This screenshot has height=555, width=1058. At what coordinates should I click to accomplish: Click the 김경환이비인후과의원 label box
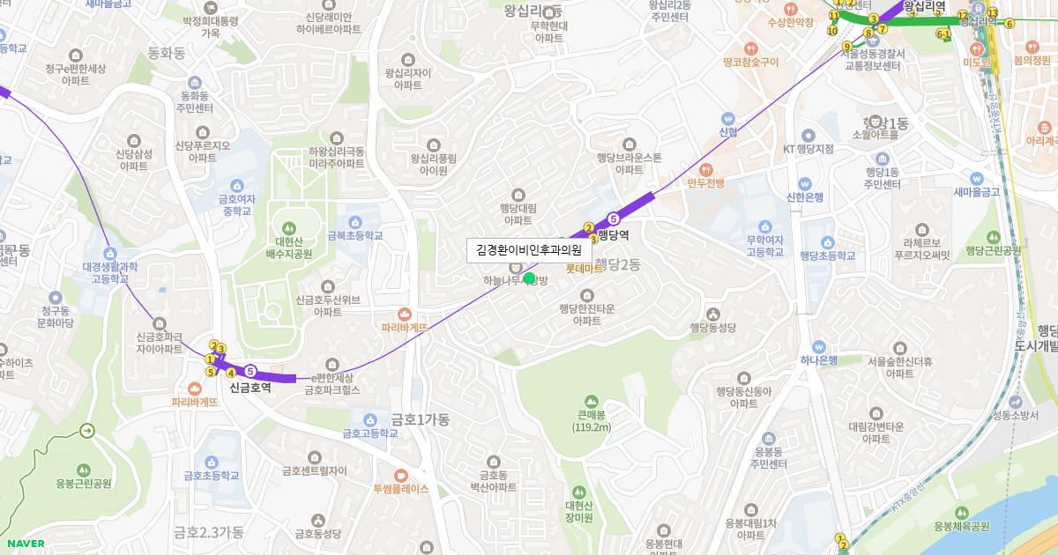click(529, 250)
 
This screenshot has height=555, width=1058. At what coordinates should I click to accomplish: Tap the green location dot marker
click(529, 278)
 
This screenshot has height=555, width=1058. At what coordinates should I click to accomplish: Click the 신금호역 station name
click(250, 387)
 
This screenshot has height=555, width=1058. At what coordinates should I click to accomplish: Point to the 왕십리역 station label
click(923, 4)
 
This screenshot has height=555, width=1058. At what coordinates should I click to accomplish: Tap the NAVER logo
click(24, 544)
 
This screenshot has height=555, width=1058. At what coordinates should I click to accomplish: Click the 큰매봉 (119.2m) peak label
click(591, 421)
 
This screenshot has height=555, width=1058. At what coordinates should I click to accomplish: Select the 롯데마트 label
click(585, 269)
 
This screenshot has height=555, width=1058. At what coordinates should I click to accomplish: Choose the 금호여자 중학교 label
click(236, 205)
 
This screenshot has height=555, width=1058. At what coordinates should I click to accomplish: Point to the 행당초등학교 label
click(827, 255)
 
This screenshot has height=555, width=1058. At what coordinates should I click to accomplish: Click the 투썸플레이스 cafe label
click(400, 488)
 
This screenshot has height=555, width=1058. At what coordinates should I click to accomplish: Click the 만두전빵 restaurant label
click(705, 182)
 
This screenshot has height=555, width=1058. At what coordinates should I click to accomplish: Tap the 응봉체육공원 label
click(962, 526)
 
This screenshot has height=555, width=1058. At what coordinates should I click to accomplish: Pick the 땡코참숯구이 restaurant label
click(749, 62)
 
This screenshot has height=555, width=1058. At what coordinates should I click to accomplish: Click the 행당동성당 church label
click(712, 327)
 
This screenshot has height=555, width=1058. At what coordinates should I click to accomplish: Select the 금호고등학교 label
click(369, 433)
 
